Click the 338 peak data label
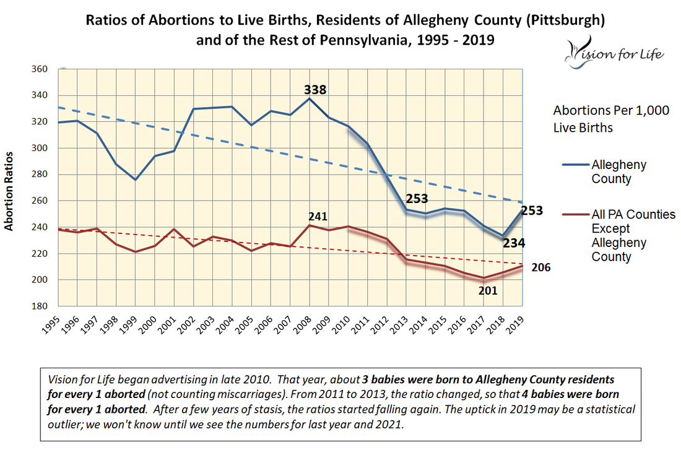[314, 90]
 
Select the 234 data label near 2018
[513, 243]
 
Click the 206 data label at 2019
[540, 268]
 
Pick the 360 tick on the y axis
[40, 69]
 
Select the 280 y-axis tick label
[40, 175]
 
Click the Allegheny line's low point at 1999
[136, 180]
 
